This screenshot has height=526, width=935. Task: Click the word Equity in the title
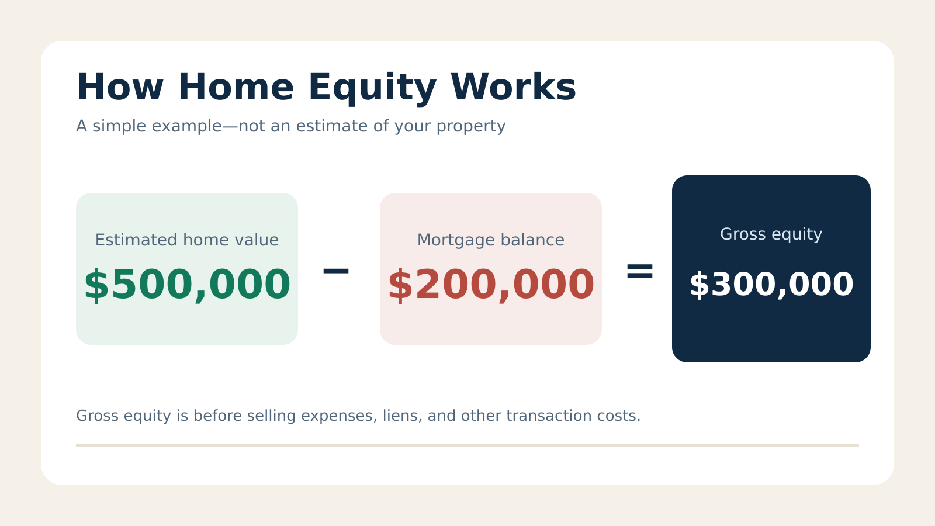click(x=372, y=88)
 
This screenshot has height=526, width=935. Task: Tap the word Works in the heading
click(x=514, y=87)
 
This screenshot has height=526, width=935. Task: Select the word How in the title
click(x=120, y=87)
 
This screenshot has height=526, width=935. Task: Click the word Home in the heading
click(x=236, y=87)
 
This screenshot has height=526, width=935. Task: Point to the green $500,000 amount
click(x=187, y=285)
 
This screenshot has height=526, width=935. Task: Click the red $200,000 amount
click(x=491, y=285)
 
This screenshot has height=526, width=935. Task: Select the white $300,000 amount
click(x=771, y=285)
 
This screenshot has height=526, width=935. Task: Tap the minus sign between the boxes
click(x=335, y=271)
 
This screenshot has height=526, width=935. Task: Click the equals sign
click(x=639, y=271)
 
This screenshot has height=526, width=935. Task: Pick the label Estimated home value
click(x=187, y=240)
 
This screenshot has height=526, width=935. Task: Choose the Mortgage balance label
click(x=491, y=241)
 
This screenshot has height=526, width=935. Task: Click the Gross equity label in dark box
click(x=771, y=234)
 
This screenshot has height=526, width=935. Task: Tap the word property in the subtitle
click(x=471, y=127)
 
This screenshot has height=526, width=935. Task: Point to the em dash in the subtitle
click(x=231, y=126)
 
